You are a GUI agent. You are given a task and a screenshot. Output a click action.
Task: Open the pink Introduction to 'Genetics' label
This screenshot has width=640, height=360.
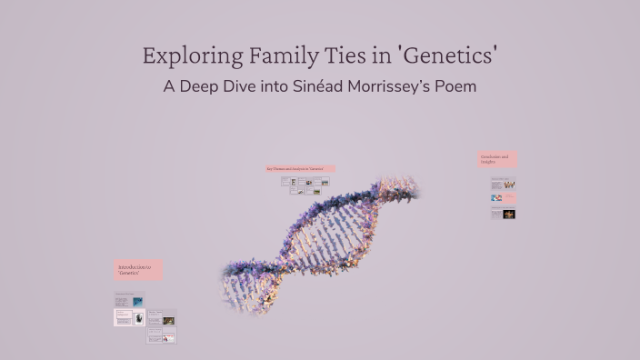point(139,270)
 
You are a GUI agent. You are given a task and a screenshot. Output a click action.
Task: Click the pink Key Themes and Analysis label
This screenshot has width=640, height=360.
point(300,168)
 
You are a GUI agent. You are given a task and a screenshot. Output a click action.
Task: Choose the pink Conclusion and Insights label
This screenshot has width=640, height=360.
point(497,159)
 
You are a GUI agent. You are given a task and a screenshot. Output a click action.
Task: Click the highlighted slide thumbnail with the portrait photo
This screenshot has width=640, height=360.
point(129,317)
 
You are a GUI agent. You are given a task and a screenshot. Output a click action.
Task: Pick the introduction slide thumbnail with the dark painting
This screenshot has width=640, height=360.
point(162,318)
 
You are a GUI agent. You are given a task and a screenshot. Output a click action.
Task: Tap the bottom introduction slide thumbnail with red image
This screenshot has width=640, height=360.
point(162,336)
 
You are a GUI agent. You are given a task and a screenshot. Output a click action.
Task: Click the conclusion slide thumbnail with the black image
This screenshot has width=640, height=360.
point(504,214)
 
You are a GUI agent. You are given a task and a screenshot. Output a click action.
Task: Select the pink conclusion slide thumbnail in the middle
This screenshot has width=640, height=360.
point(504,197)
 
